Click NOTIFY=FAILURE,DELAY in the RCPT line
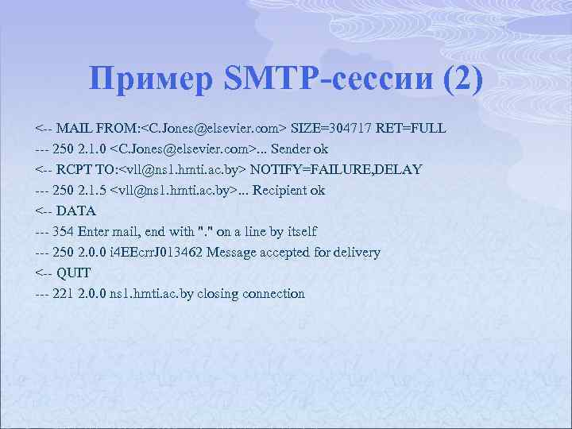[x=336, y=169]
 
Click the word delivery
[x=357, y=252]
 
